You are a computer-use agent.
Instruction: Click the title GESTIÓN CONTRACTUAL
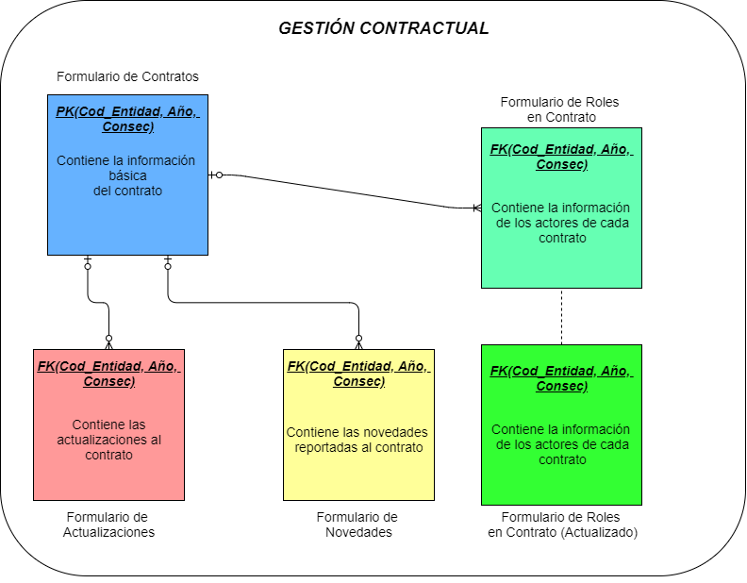pos(383,28)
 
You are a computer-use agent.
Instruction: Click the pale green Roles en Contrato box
pos(561,264)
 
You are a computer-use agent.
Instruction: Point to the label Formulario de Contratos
pos(127,76)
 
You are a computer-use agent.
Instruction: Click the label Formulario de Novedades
pos(357,525)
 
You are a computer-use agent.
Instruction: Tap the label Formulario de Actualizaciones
pos(108,525)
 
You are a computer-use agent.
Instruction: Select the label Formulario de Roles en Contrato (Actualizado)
pos(562,525)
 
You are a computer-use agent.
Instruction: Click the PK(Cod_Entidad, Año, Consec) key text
pos(127,119)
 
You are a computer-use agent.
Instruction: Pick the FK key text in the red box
pos(108,374)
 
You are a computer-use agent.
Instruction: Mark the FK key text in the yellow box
pos(358,374)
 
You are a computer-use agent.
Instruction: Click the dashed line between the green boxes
pos(561,316)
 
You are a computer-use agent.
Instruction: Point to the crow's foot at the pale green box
pos(476,208)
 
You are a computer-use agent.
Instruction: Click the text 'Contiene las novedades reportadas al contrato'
pos(358,440)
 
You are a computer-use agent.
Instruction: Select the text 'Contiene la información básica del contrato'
pos(127,175)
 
